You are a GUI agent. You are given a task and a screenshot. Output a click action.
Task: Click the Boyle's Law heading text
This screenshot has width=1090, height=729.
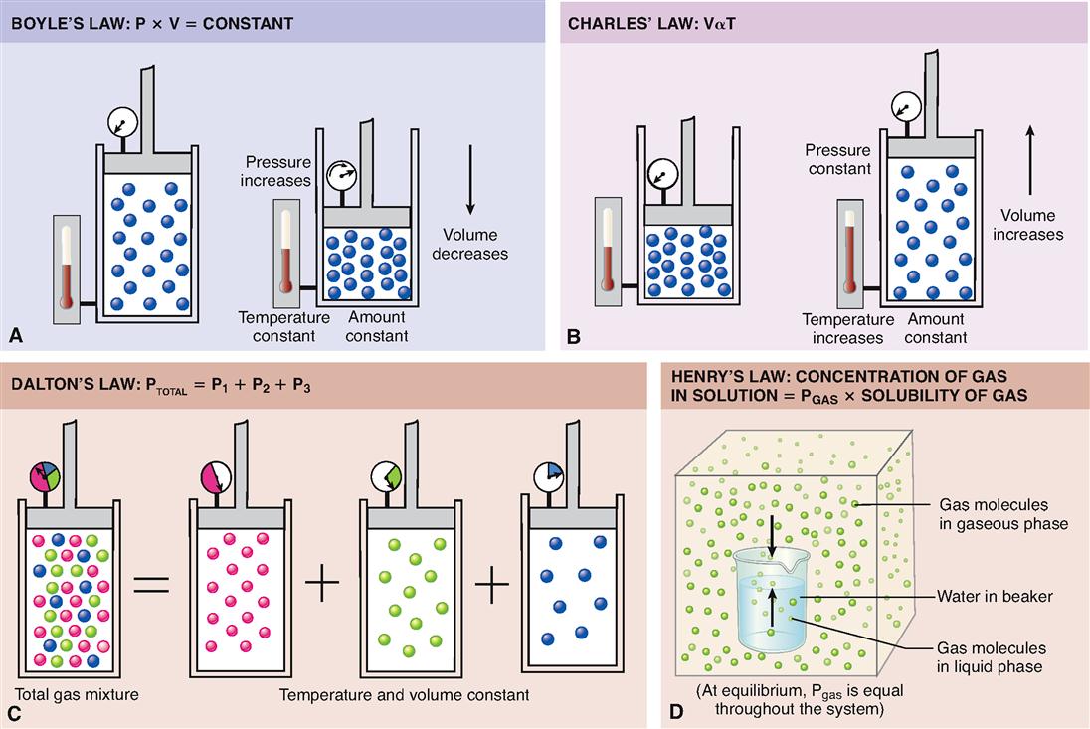(x=152, y=22)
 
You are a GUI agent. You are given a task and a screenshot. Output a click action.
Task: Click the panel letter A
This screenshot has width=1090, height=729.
(x=15, y=336)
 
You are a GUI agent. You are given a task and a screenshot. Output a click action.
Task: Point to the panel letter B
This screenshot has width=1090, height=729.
(x=573, y=336)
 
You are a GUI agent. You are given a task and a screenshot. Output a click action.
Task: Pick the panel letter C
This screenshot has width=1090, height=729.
(x=14, y=712)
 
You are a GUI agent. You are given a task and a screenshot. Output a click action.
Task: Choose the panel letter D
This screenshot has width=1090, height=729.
(x=676, y=712)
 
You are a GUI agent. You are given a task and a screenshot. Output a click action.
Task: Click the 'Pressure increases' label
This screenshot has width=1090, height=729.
(x=275, y=171)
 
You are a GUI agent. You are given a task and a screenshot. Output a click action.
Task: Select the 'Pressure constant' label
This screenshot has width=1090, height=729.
(x=839, y=159)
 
